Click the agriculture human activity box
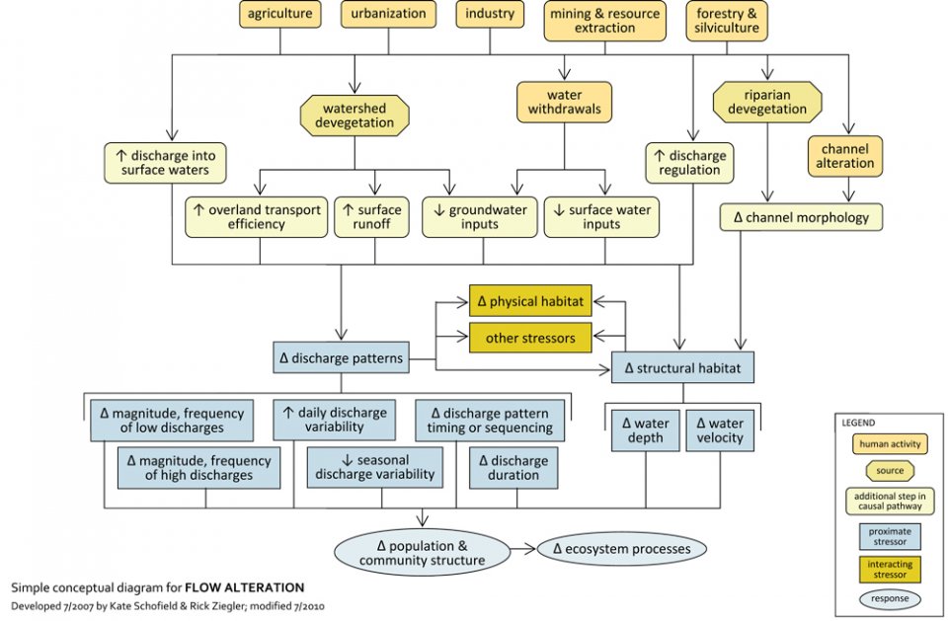(280, 14)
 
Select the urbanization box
(388, 14)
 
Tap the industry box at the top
(491, 14)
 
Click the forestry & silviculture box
(728, 21)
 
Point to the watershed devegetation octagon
(354, 116)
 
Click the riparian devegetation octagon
(767, 102)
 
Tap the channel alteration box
(844, 155)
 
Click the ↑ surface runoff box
(373, 217)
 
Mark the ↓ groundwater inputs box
(480, 217)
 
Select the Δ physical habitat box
(529, 300)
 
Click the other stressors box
(529, 338)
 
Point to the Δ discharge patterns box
(341, 358)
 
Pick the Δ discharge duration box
(513, 468)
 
